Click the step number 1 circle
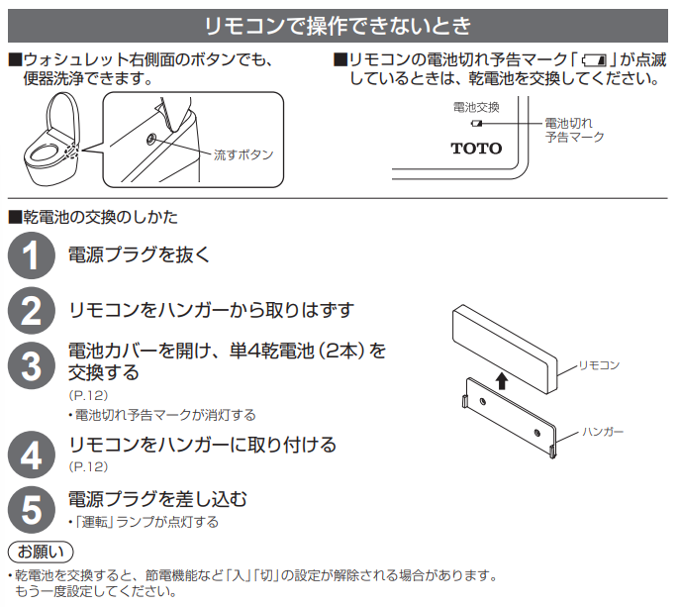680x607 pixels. click(32, 255)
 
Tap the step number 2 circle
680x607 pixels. click(32, 311)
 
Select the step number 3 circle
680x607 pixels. click(32, 365)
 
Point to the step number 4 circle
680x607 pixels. click(32, 455)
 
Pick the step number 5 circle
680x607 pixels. click(32, 510)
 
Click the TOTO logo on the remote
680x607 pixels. click(476, 149)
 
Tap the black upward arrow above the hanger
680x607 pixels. click(502, 380)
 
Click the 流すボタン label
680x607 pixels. click(243, 154)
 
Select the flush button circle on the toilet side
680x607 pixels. click(150, 139)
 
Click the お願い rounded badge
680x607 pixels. click(41, 553)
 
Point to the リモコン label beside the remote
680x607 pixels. click(600, 365)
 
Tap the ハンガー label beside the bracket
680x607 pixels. click(603, 432)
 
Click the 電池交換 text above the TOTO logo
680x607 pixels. click(476, 107)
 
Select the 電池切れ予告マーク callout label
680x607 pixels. click(574, 130)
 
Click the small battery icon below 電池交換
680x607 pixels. click(476, 124)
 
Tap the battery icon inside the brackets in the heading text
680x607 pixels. click(595, 59)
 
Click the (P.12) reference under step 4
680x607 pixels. click(88, 466)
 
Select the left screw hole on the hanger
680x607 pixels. click(482, 401)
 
